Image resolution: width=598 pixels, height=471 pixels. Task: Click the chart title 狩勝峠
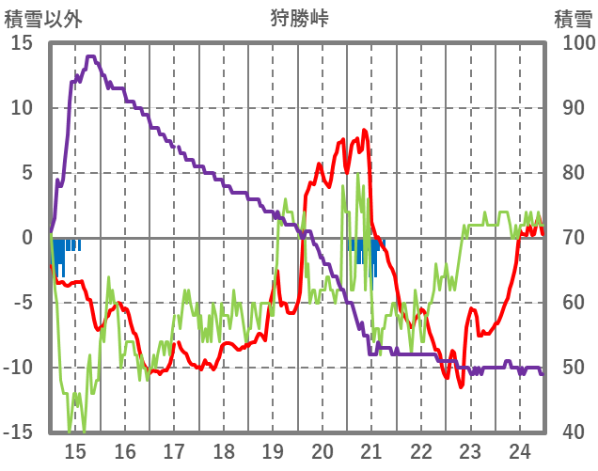pos(298,19)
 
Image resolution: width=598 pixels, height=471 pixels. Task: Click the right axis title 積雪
pos(573,19)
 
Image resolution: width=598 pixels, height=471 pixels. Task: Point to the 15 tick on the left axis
pos(22,43)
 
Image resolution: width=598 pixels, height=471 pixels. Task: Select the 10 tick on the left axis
pos(22,108)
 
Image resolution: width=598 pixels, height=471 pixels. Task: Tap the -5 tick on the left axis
pos(22,303)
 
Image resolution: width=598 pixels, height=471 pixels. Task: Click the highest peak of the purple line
pos(91,56)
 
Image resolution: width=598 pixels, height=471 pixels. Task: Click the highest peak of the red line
pos(364,131)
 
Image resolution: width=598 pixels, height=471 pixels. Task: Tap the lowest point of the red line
pos(462,386)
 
